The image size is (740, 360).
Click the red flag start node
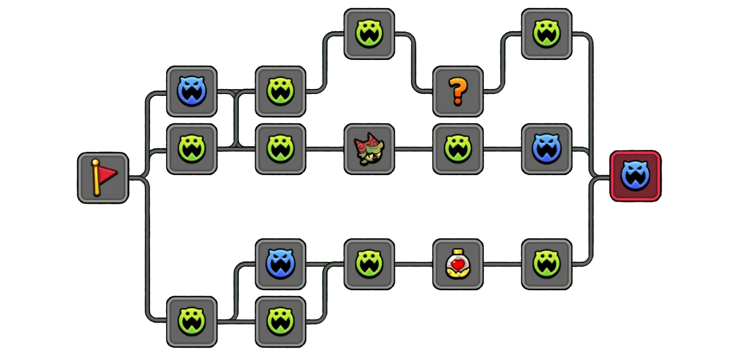(x=103, y=178)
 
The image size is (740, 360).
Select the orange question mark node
(x=458, y=92)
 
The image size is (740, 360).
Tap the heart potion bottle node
(x=458, y=264)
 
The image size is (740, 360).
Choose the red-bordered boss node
(x=635, y=176)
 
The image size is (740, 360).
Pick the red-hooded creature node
(x=369, y=149)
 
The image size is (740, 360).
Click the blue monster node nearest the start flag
(x=192, y=92)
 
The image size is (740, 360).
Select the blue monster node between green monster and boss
(x=547, y=149)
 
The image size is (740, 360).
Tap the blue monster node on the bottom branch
(x=280, y=264)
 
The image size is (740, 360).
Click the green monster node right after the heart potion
(x=547, y=264)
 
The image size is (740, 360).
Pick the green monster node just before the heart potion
(x=369, y=264)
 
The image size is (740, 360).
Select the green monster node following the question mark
(x=547, y=34)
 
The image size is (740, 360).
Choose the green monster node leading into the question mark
(x=369, y=34)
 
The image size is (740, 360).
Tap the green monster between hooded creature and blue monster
(x=458, y=149)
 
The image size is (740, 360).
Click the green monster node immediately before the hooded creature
(x=280, y=149)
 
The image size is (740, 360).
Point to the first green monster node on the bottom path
(x=192, y=322)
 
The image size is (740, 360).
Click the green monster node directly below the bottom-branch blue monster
(x=280, y=322)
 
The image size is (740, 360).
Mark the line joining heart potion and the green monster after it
(x=502, y=264)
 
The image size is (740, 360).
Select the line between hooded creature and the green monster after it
(x=413, y=149)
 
